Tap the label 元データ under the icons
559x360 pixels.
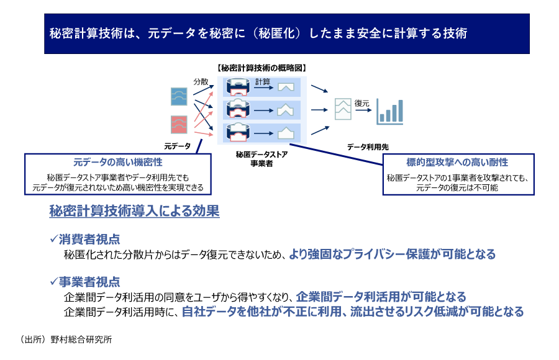[178, 146]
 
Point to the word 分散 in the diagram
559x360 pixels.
[201, 81]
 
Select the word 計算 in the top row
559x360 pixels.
[263, 81]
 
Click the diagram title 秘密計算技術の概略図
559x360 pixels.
[260, 68]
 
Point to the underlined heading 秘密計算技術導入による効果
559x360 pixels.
[134, 211]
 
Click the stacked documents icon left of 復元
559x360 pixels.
[342, 109]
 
